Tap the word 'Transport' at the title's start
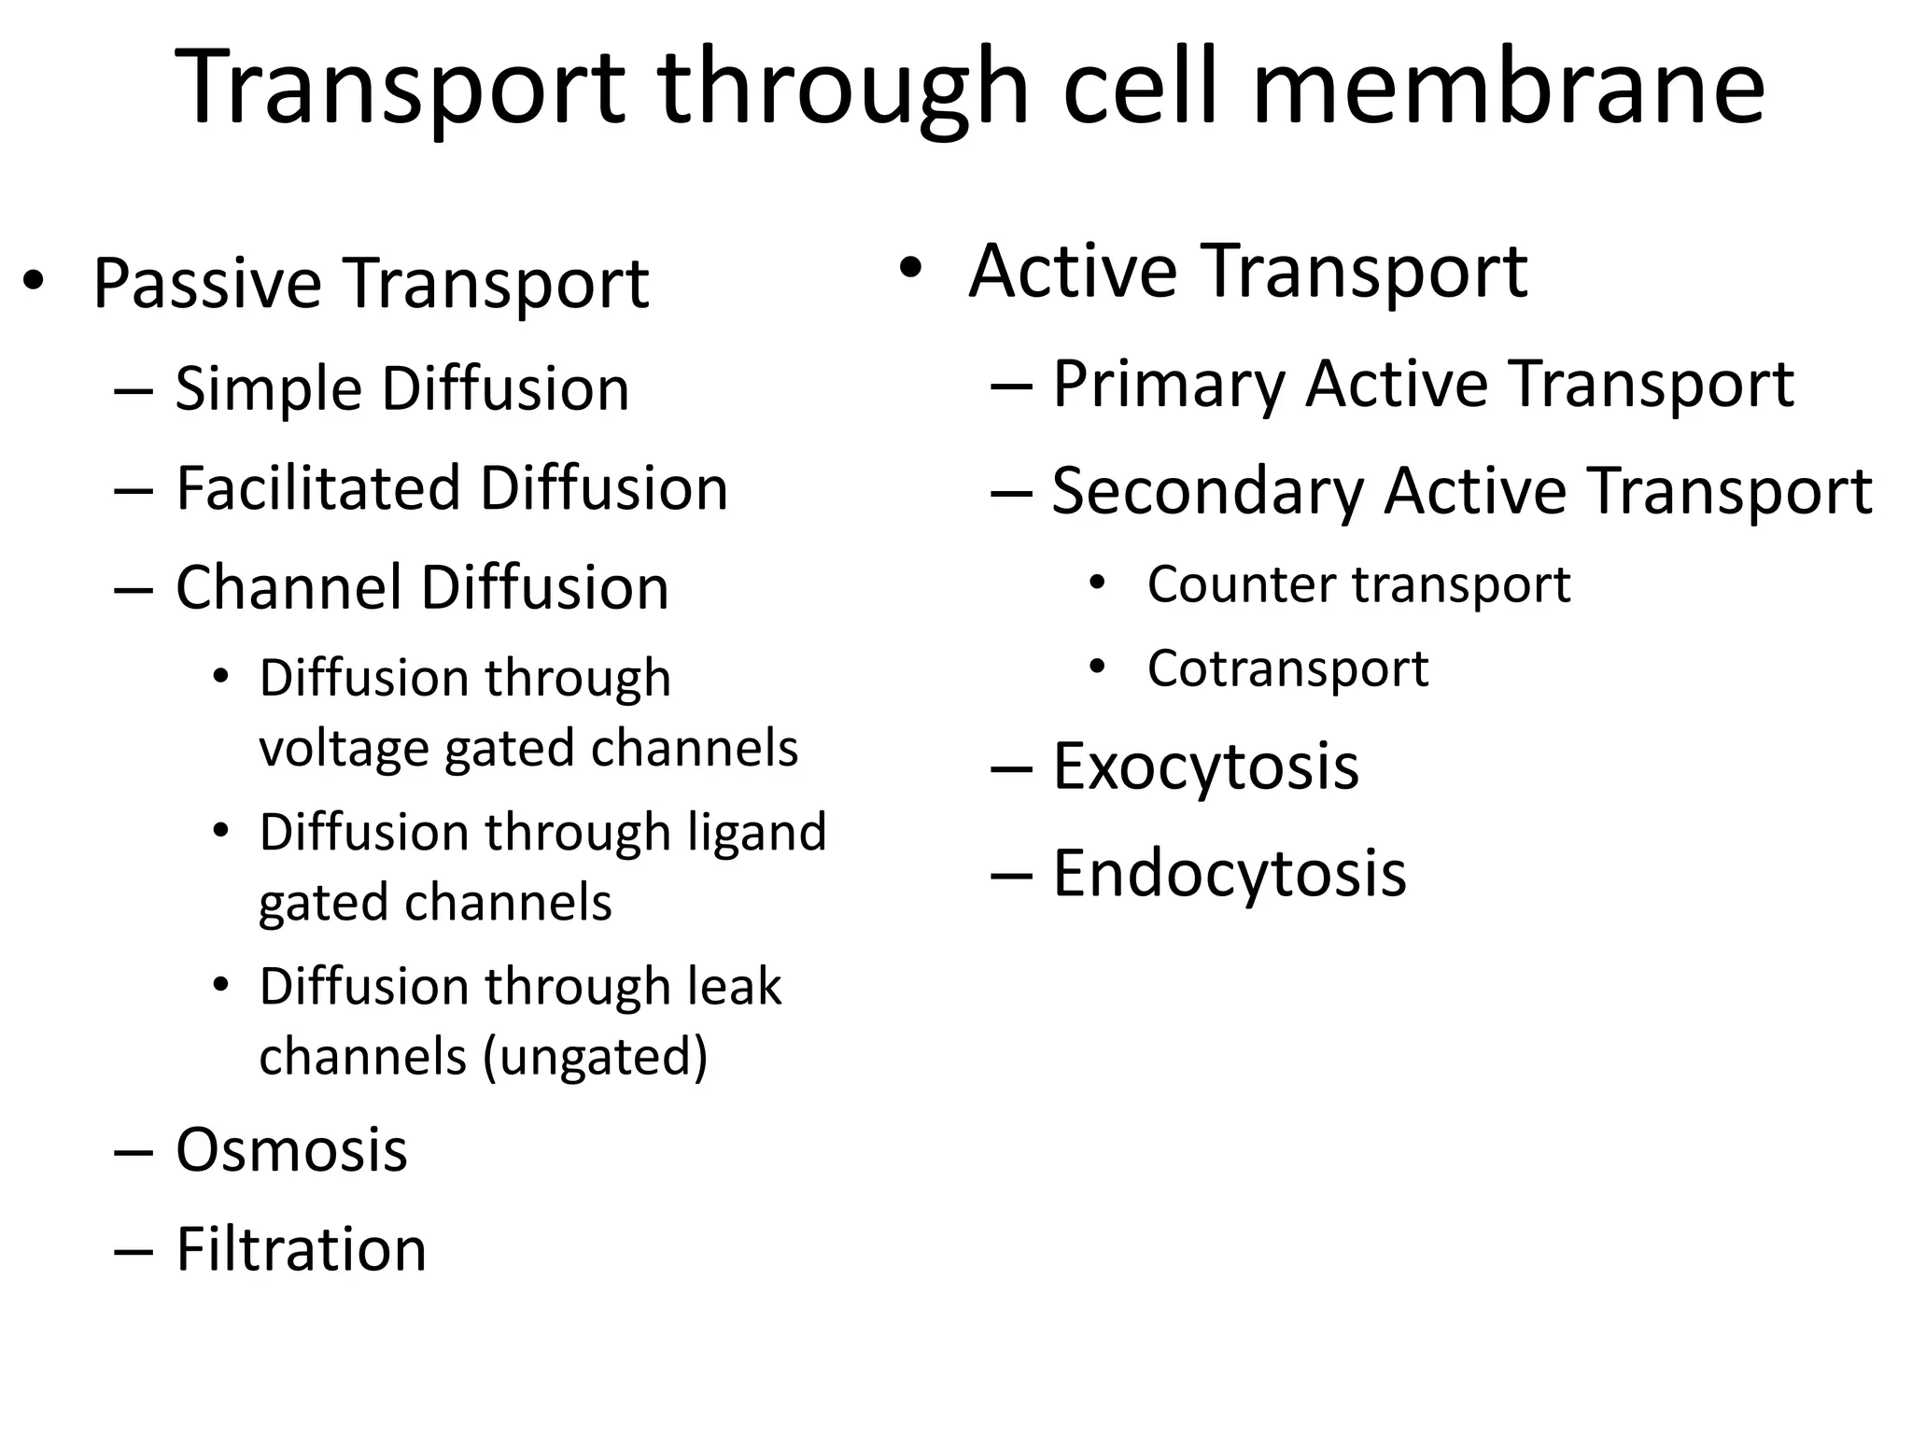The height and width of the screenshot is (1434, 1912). pyautogui.click(x=399, y=89)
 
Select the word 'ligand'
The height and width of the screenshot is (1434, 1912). pyautogui.click(x=757, y=833)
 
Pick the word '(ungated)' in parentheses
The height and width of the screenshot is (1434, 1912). pyautogui.click(x=596, y=1057)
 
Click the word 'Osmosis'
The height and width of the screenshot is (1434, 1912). pyautogui.click(x=291, y=1150)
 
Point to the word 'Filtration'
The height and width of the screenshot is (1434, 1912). pyautogui.click(x=301, y=1249)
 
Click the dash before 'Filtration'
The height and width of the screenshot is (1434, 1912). pyautogui.click(x=133, y=1251)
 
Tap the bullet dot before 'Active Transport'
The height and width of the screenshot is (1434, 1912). pyautogui.click(x=910, y=269)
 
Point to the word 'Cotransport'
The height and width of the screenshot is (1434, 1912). pyautogui.click(x=1287, y=668)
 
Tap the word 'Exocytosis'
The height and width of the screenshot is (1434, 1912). pyautogui.click(x=1205, y=767)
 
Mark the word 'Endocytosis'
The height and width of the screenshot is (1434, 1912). pyautogui.click(x=1229, y=875)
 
